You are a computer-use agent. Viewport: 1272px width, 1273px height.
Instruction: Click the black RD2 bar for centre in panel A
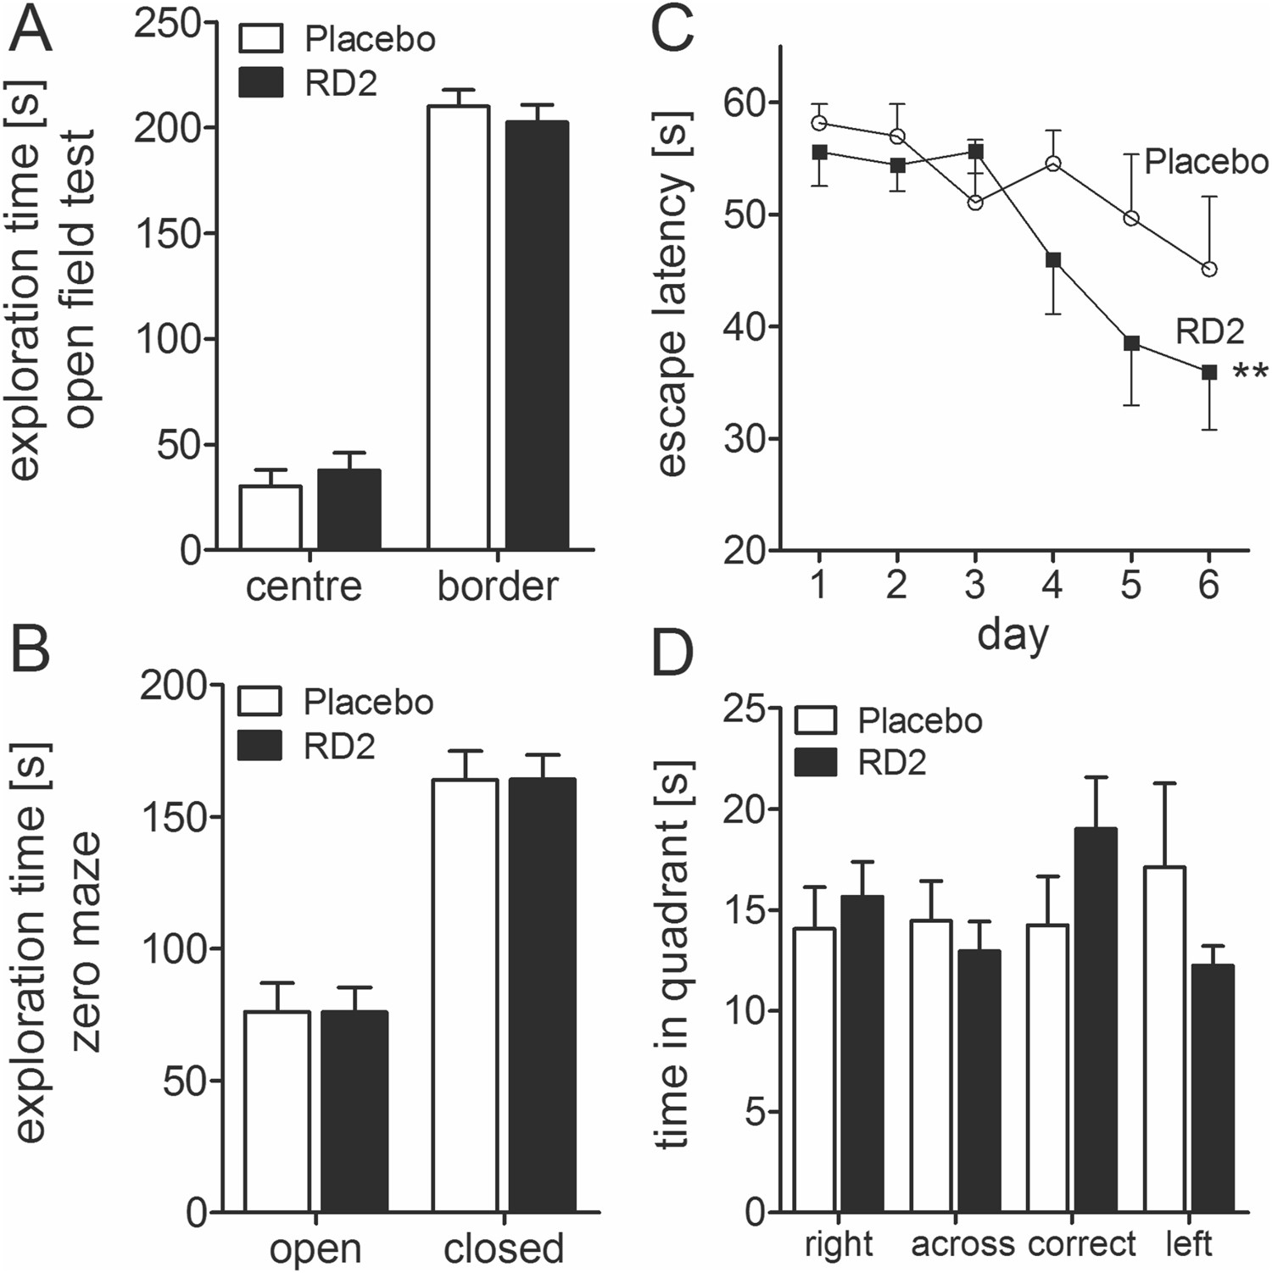click(349, 509)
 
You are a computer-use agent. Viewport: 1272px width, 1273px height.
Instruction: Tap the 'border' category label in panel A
click(498, 586)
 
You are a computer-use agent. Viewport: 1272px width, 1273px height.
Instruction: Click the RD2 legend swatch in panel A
click(261, 83)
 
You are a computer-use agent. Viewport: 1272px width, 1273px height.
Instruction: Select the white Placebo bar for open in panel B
click(277, 1111)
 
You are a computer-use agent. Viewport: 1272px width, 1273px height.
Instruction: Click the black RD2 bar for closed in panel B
click(542, 995)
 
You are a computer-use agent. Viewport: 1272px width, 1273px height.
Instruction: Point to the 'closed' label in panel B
click(504, 1248)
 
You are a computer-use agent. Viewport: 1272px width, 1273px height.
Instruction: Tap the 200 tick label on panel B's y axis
click(173, 685)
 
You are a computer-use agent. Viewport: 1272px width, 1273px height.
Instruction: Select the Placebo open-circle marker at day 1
click(819, 123)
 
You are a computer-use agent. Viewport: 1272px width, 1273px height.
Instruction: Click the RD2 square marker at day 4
click(1053, 260)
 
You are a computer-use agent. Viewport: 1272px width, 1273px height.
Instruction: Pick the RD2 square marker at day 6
click(1209, 372)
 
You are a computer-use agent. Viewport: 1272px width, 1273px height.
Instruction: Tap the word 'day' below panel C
click(1013, 635)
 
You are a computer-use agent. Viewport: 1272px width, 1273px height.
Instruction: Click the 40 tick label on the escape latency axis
click(742, 326)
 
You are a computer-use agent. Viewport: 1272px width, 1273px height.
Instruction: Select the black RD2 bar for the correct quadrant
click(1096, 1020)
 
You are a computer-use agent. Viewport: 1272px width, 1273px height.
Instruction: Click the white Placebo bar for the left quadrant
click(1164, 1039)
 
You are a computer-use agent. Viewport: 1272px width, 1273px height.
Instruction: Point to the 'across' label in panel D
click(962, 1244)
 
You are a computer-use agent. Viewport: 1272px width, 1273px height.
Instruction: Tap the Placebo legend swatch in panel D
click(816, 721)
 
